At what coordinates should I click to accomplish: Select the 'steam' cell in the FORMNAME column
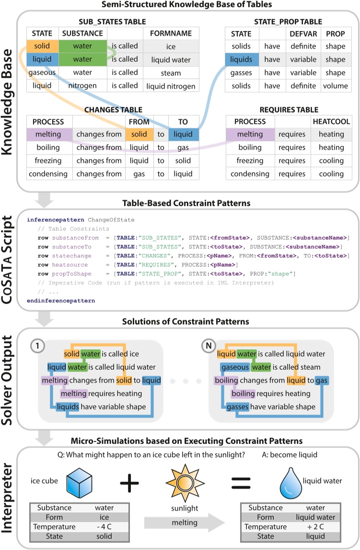[171, 73]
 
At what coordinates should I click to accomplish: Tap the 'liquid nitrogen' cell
[171, 86]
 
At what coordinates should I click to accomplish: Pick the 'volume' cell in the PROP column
[335, 86]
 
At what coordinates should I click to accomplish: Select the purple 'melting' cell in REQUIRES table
[250, 134]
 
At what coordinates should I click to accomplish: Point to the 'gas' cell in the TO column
[184, 148]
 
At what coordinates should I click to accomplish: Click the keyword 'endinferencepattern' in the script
[61, 300]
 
